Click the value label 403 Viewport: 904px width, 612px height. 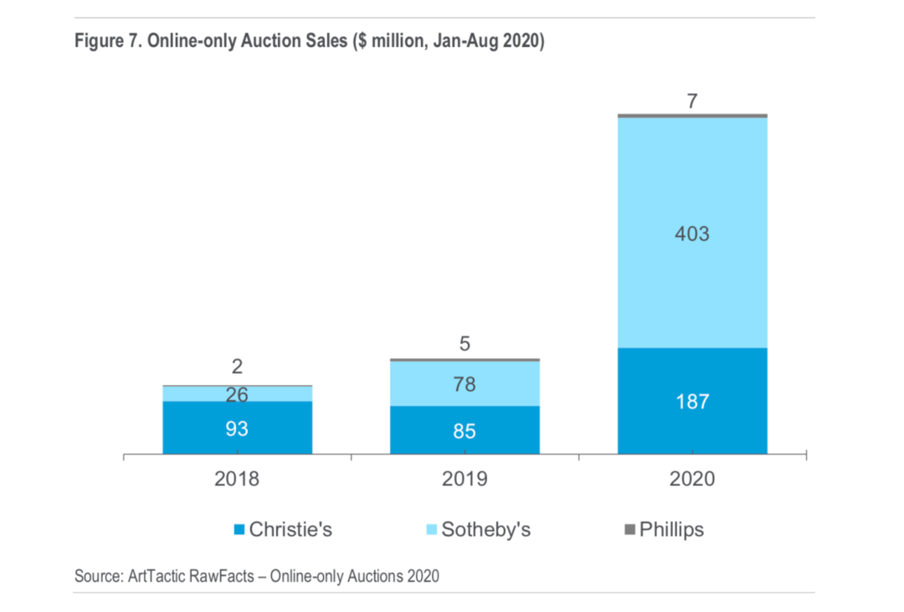[692, 234]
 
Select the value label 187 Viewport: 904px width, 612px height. [692, 402]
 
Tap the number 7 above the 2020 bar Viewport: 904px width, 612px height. [692, 102]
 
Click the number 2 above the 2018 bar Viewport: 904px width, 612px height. [238, 367]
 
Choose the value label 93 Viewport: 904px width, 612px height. [238, 429]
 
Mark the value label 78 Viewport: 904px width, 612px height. [465, 384]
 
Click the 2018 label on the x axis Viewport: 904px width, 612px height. [238, 480]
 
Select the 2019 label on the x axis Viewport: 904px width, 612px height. [465, 480]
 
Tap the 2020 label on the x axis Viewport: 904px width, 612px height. [692, 480]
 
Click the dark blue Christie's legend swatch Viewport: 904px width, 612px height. [239, 530]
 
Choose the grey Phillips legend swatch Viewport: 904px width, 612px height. [629, 530]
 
